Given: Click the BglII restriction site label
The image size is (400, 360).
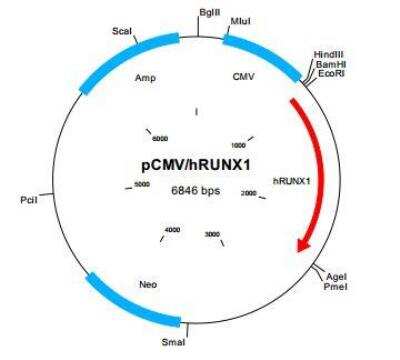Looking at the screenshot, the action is pos(210,13).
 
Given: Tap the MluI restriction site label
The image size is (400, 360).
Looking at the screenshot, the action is pos(240,21).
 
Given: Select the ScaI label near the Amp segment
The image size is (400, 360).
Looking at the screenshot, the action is pos(122,31).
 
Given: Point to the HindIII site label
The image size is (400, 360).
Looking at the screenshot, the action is pos(329,54).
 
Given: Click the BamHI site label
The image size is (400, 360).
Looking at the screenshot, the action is pos(331,64).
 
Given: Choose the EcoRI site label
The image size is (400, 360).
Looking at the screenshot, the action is pos(331,73).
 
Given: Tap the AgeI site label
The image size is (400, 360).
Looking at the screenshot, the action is pos(337,277).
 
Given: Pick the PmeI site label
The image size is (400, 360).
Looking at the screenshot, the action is pos(336,286).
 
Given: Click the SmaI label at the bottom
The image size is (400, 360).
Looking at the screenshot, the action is pos(173,342).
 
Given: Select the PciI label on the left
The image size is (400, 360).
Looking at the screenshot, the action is pos(29,200).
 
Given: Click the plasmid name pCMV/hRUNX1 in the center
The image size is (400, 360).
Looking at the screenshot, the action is pos(196,165).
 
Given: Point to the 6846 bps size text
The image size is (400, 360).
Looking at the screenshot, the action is pos(196,190).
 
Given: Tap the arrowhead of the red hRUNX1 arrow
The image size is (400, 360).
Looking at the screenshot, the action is pos(303,245).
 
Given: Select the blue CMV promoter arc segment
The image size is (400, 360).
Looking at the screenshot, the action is pos(263,55).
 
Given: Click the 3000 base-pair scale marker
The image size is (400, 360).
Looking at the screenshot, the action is pos(212,234).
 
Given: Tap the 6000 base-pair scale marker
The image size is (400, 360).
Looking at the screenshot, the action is pos(160,138).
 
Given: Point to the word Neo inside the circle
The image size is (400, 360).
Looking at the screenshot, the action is pos(148,285).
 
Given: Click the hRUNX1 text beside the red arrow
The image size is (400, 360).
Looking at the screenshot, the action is pos(292,181).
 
